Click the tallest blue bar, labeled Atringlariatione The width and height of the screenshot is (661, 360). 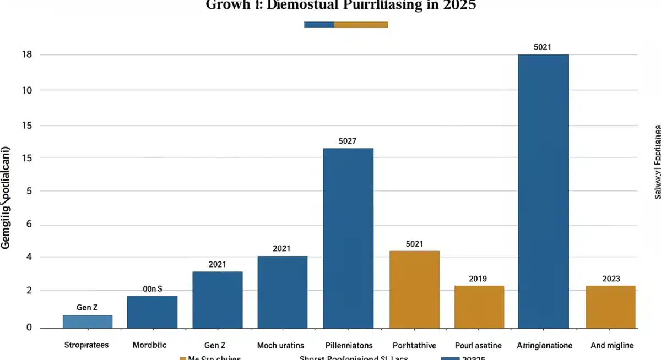543,191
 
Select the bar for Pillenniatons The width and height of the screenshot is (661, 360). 348,238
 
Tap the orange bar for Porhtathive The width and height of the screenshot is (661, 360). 414,289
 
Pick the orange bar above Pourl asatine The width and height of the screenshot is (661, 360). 479,307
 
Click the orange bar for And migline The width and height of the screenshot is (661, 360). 610,307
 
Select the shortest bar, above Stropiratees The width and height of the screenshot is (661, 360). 88,321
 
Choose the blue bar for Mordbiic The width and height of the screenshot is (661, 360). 152,312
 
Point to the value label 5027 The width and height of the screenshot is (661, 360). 348,141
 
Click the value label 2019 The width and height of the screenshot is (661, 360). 478,279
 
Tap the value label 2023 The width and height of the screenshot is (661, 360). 611,279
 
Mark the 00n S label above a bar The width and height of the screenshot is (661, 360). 153,288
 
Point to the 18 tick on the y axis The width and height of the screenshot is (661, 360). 26,54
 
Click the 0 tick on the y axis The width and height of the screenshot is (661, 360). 29,328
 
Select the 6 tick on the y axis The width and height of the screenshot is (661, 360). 29,225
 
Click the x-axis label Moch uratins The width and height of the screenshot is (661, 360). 281,346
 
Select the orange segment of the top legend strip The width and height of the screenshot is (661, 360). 361,24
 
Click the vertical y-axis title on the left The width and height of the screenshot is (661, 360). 7,198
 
